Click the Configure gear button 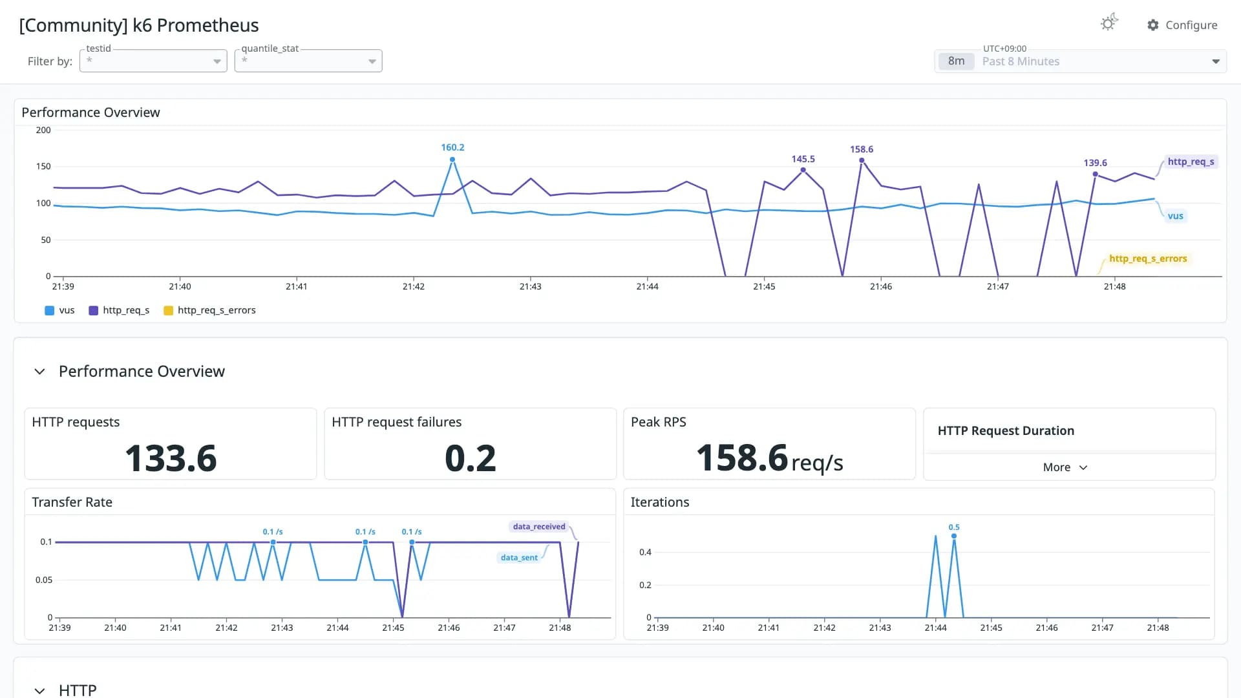(x=1182, y=25)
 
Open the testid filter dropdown (x=153, y=61)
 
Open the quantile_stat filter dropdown (x=308, y=61)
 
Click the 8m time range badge (x=956, y=61)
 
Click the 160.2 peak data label (x=452, y=147)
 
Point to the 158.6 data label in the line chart (x=862, y=149)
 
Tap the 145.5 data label (x=803, y=159)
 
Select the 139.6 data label (x=1095, y=163)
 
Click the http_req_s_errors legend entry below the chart (x=210, y=310)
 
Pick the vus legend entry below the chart (x=59, y=310)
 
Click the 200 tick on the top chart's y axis (x=43, y=130)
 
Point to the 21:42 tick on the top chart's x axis (x=414, y=286)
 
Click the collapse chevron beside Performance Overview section (x=39, y=372)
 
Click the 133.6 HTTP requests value (x=171, y=458)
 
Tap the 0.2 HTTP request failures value (x=471, y=458)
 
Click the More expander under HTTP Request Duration (x=1065, y=467)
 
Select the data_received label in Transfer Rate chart (x=539, y=527)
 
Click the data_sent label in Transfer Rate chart (x=519, y=558)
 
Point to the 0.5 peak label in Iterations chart (x=954, y=527)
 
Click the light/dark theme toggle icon (x=1109, y=23)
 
